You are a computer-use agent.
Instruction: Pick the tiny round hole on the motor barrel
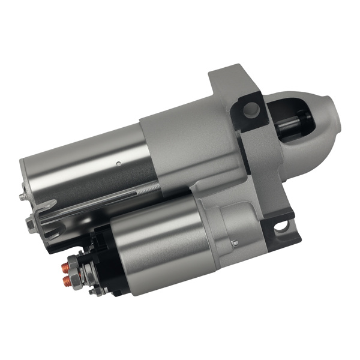pyautogui.click(x=119, y=163)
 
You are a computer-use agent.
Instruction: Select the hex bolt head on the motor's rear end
pyautogui.click(x=30, y=223)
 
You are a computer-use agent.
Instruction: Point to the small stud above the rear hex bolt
pyautogui.click(x=23, y=196)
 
